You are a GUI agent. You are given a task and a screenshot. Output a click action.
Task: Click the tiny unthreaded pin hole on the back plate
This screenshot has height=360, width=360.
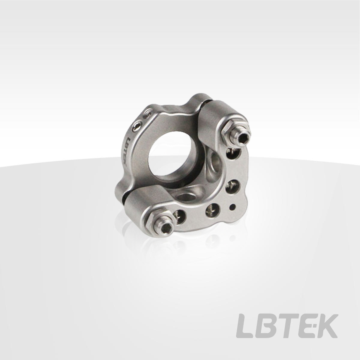[x=233, y=207]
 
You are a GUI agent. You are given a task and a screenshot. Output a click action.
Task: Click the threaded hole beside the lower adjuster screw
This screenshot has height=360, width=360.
[x=179, y=217]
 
